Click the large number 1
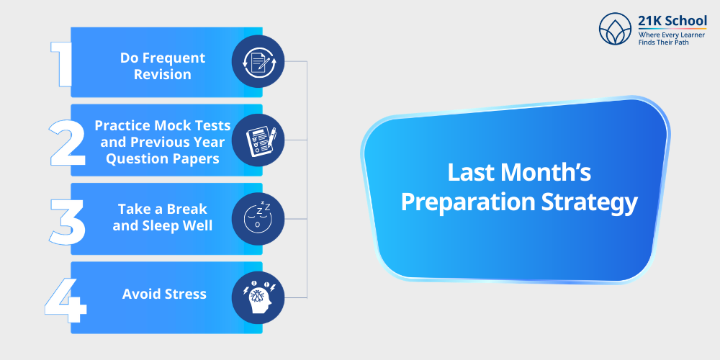pos(63,63)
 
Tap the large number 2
pos(67,142)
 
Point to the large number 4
pos(66,296)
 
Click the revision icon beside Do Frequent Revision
pos(258,61)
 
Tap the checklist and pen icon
pos(258,140)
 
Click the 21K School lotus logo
pos(615,30)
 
